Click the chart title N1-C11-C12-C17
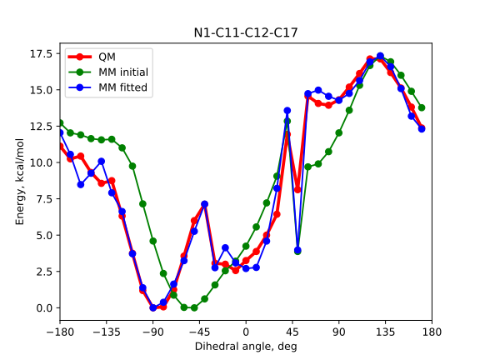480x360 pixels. click(246, 33)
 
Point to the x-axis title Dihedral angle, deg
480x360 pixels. click(246, 346)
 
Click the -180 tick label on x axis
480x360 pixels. click(60, 331)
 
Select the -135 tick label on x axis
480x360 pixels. click(107, 331)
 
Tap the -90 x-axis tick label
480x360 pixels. click(153, 331)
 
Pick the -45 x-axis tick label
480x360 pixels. click(199, 331)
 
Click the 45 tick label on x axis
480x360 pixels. click(292, 331)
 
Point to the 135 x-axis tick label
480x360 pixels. click(385, 331)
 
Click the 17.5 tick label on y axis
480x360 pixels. click(41, 53)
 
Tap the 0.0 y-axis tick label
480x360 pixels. click(43, 307)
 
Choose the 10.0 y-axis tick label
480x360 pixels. click(41, 162)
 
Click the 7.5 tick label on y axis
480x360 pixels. click(43, 198)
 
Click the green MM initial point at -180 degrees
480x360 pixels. click(60, 122)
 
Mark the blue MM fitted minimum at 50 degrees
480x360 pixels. click(297, 250)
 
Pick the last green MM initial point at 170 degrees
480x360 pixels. click(422, 107)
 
